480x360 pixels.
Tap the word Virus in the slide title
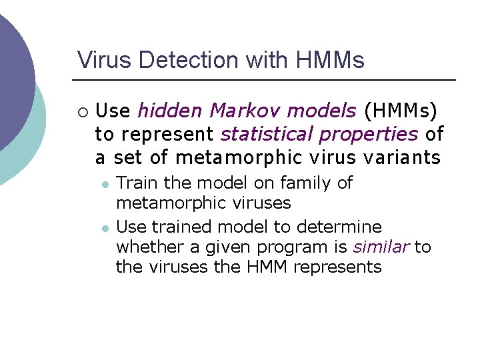point(99,60)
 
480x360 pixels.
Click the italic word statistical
point(266,134)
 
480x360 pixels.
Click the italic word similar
point(381,247)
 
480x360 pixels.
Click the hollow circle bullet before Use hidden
point(82,111)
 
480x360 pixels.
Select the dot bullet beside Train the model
point(105,183)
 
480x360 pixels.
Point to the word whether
point(151,247)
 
